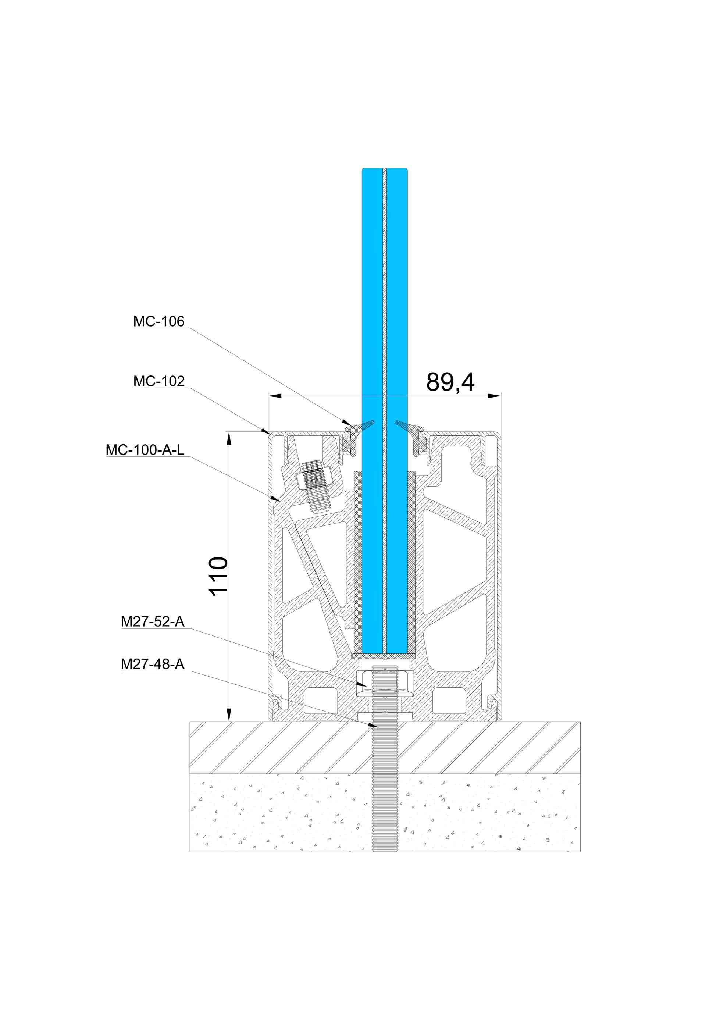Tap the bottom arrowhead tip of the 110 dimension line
(x=229, y=721)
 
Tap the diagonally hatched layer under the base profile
(x=385, y=748)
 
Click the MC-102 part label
(x=159, y=381)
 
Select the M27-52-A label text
(x=153, y=622)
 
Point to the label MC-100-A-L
(x=145, y=450)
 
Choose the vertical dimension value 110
(x=219, y=576)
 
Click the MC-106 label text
(x=159, y=321)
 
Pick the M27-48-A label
(x=153, y=664)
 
